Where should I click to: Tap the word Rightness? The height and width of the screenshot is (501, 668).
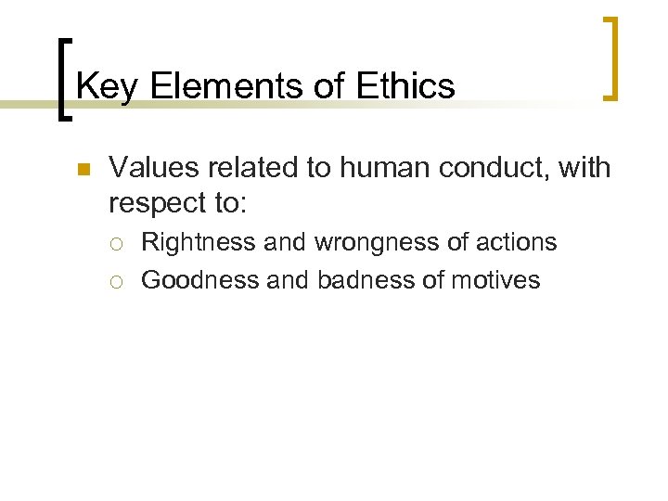click(x=199, y=243)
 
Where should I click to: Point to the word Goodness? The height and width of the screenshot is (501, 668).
click(x=200, y=279)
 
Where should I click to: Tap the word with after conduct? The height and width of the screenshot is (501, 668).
click(x=586, y=168)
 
